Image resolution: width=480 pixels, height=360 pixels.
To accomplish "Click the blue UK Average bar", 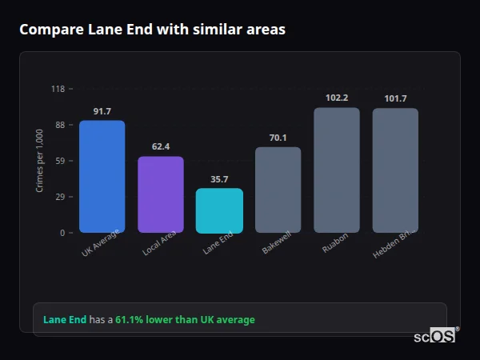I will coord(102,177).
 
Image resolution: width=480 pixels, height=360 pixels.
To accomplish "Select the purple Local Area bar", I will coord(160,194).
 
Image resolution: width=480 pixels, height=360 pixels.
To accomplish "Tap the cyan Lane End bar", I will coord(219,210).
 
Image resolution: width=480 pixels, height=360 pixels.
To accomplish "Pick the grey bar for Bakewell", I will coord(278,190).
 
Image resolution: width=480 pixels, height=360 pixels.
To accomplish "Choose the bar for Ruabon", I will coord(337,170).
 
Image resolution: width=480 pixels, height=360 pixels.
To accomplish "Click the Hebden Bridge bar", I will coord(395,170).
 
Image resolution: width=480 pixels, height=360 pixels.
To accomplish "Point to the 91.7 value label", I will coord(102,111).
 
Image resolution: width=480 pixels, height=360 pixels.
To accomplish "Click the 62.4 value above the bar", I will coord(160,146).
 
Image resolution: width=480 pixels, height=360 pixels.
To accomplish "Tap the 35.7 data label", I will coord(219,179).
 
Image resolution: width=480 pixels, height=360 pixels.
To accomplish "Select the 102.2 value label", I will coord(337,98).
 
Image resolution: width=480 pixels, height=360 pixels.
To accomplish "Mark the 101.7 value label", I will coord(395,98).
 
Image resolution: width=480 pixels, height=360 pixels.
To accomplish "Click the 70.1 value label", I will coord(278,138).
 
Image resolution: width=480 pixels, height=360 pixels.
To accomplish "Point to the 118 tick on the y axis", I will coord(58,89).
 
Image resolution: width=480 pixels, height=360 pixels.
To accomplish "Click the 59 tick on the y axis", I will coord(59,161).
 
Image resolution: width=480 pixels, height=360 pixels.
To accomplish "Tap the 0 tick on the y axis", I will coord(62,233).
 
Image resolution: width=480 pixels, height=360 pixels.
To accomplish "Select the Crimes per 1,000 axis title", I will coord(39,161).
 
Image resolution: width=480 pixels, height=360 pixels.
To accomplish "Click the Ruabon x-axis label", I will coord(334,244).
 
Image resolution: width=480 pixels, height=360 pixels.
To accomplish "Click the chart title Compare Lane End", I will coord(152,30).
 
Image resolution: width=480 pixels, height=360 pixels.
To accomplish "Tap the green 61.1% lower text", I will coord(185,320).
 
